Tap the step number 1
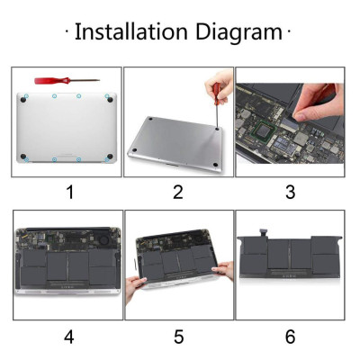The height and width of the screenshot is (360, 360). [67, 191]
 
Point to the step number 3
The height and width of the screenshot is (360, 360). [290, 191]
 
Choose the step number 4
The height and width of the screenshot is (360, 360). [67, 337]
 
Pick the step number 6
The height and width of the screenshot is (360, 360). [290, 337]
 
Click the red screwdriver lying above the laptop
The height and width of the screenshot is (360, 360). [59, 81]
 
